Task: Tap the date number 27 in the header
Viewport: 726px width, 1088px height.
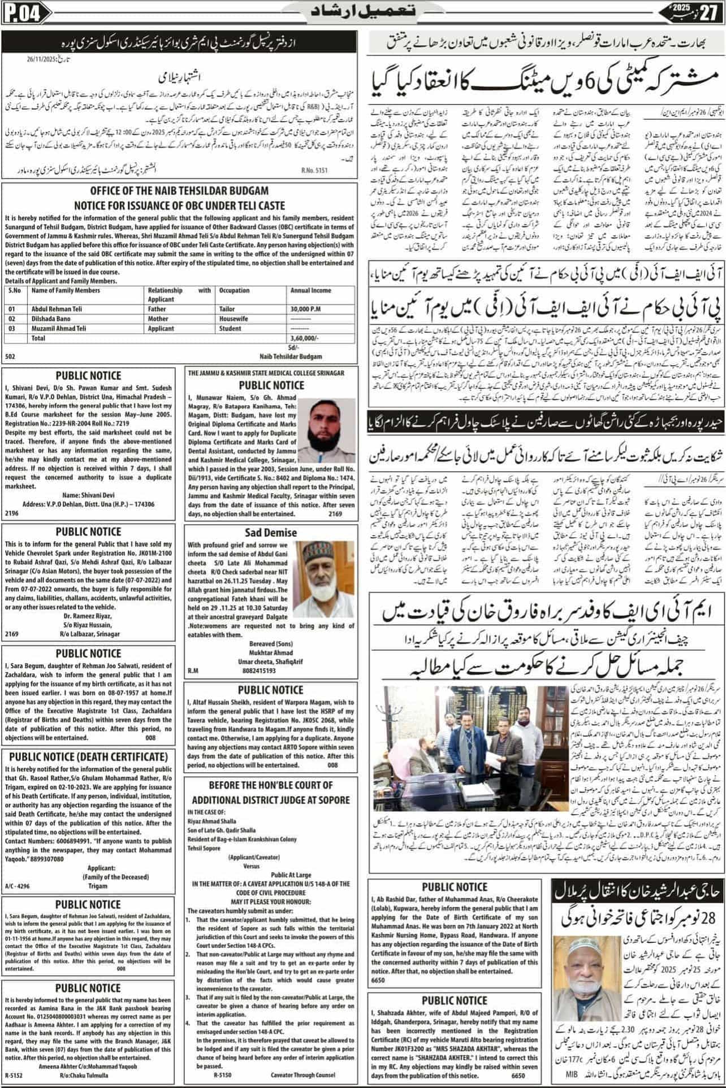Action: pyautogui.click(x=707, y=12)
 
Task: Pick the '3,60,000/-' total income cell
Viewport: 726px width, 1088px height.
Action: pyautogui.click(x=304, y=338)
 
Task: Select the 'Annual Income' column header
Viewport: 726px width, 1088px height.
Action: pyautogui.click(x=310, y=290)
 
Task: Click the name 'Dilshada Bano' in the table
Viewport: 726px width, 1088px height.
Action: pyautogui.click(x=51, y=319)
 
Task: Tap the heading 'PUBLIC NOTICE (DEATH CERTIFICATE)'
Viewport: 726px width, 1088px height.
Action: pyautogui.click(x=88, y=756)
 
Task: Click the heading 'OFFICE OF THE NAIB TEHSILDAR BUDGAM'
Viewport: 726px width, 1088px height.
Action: pyautogui.click(x=179, y=190)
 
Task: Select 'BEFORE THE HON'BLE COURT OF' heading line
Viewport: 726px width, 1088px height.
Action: pyautogui.click(x=270, y=785)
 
